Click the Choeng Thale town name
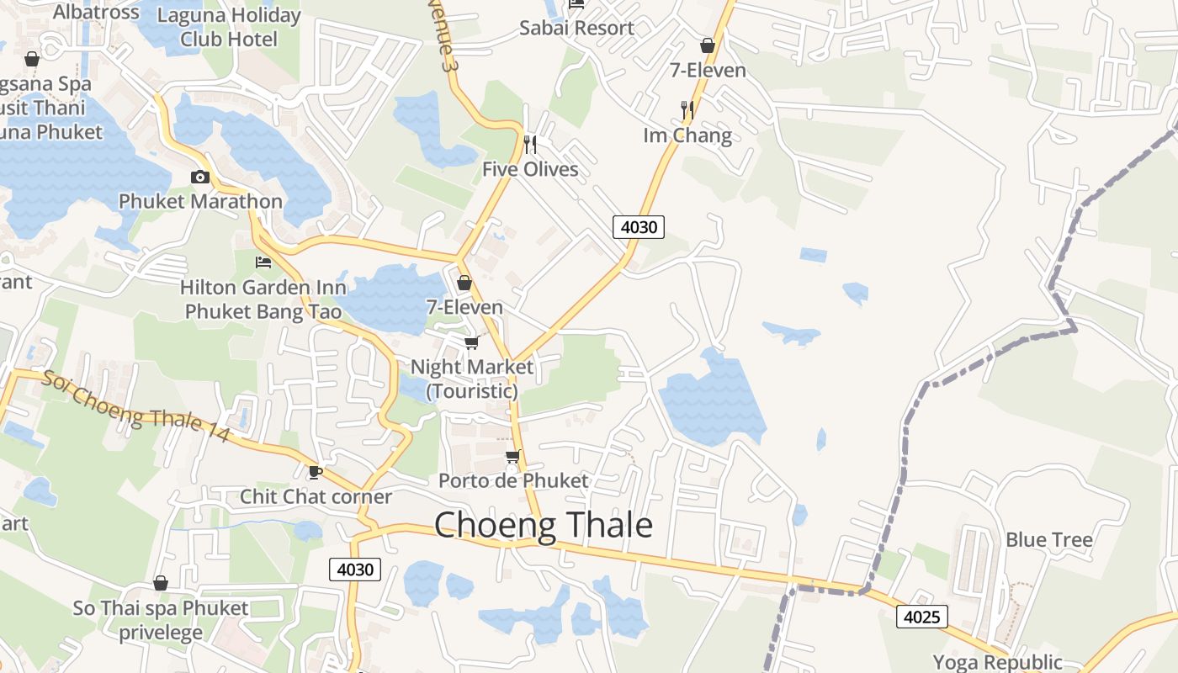544,525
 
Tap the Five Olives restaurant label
530,169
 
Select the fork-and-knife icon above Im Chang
687,109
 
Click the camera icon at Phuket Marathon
199,177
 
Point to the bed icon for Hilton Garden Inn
263,262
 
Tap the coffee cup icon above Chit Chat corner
316,472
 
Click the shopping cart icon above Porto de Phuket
512,457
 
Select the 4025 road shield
921,617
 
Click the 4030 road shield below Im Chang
639,226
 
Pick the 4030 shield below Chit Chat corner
355,570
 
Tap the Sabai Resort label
576,28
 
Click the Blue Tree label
1049,540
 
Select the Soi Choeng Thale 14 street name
135,408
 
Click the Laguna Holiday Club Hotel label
228,27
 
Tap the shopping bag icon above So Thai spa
161,583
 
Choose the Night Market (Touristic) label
472,379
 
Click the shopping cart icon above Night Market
471,342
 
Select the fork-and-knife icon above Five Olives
530,145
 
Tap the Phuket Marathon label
200,201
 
